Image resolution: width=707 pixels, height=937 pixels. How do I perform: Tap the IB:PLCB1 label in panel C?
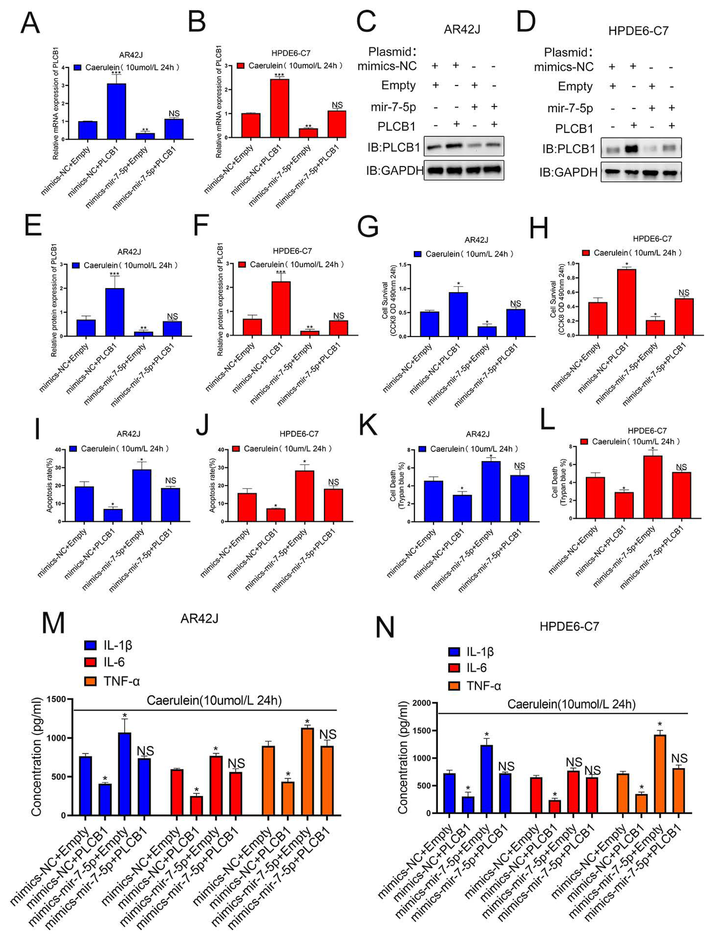(x=393, y=147)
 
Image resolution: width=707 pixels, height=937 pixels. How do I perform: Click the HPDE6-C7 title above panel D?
(x=638, y=31)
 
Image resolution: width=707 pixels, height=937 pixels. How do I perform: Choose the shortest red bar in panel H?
(x=655, y=327)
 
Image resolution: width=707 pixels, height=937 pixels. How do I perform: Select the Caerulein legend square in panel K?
(x=422, y=449)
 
